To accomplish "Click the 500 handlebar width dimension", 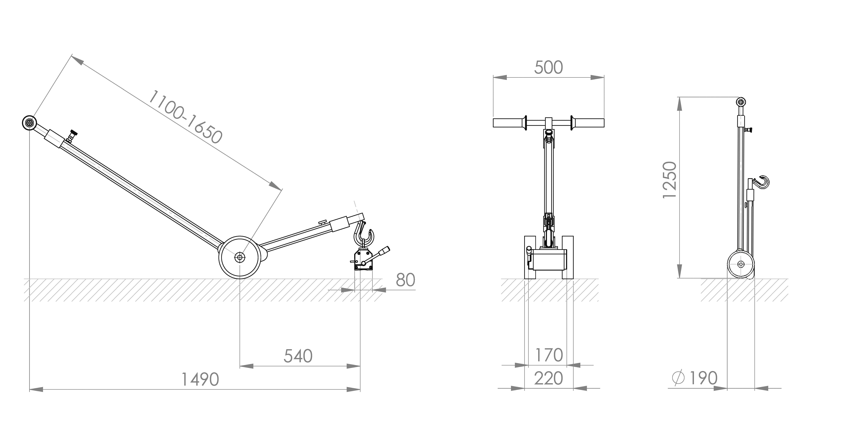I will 548,68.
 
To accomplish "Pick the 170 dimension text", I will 548,355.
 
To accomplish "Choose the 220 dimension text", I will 548,378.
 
